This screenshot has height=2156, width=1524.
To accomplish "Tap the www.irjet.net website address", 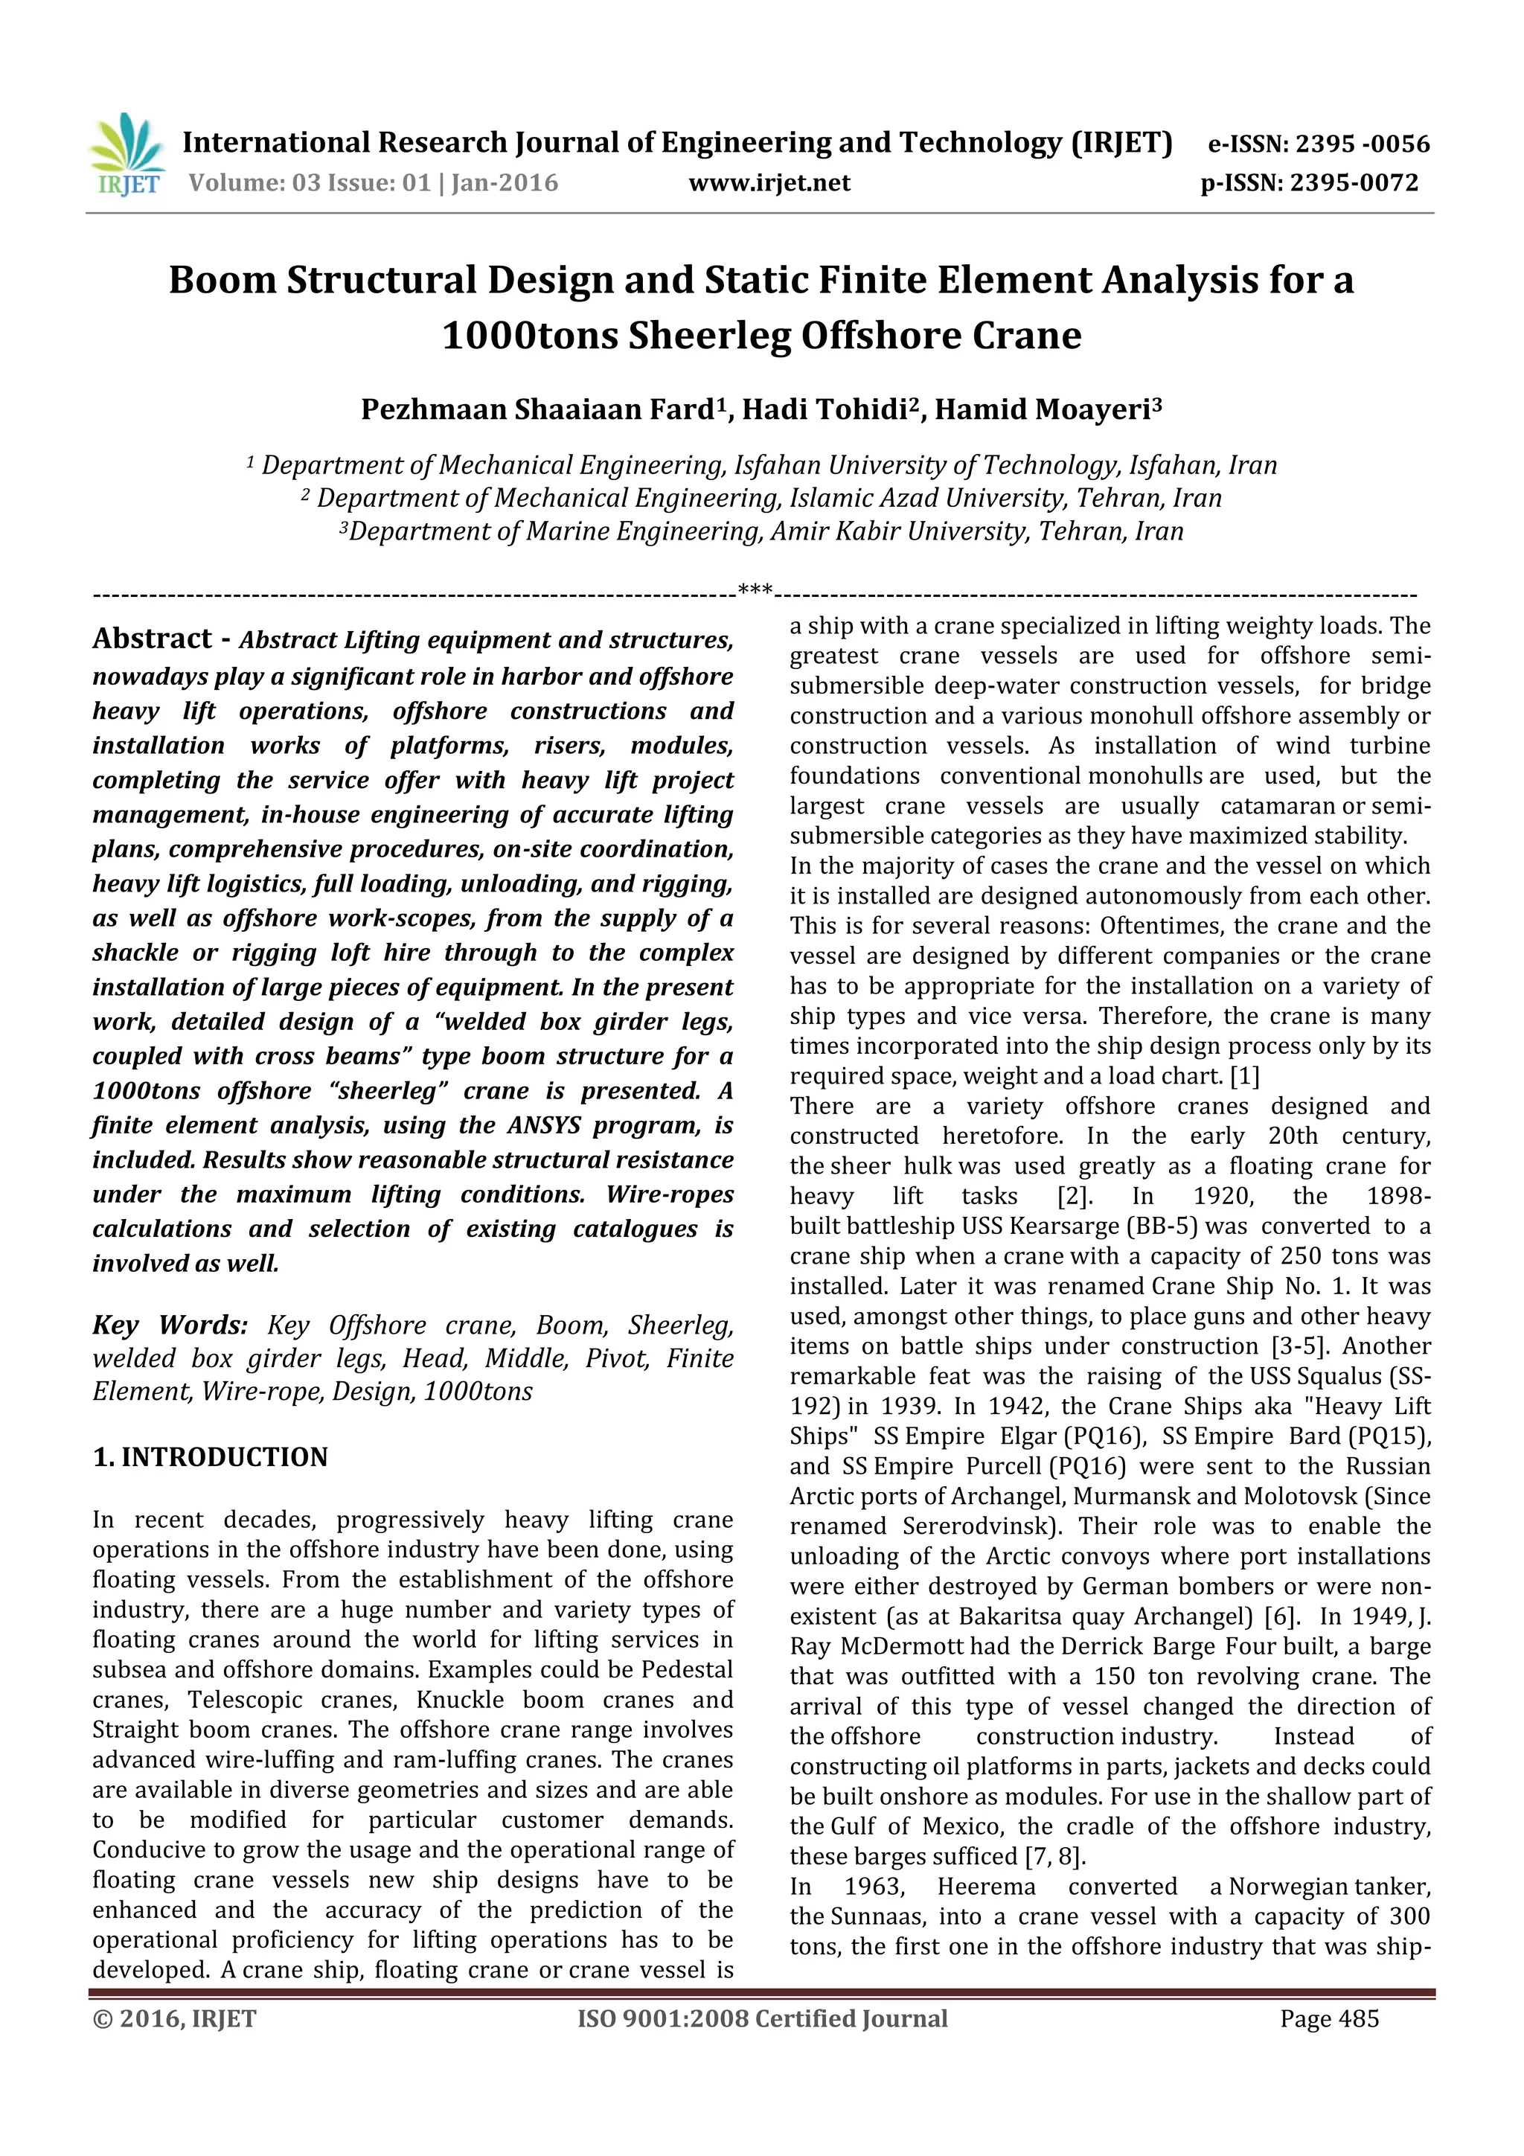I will point(769,182).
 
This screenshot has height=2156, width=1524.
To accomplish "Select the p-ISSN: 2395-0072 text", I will point(1309,182).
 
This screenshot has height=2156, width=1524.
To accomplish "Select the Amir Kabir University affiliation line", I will point(761,531).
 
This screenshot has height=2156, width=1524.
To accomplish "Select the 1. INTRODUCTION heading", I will point(211,1456).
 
